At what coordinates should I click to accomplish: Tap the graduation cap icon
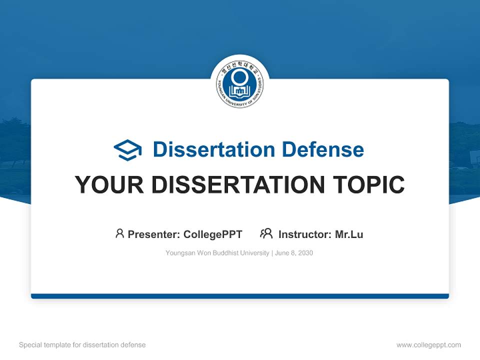click(x=127, y=150)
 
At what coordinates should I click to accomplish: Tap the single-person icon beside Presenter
click(x=119, y=233)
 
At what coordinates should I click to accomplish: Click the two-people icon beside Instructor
click(x=266, y=233)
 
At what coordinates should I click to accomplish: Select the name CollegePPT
click(x=212, y=234)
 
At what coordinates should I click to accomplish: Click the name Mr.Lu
click(x=349, y=234)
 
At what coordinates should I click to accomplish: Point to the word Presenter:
click(x=154, y=234)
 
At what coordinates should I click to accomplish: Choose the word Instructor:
click(x=305, y=234)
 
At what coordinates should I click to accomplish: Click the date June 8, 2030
click(x=294, y=253)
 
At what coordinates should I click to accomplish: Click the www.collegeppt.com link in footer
click(x=428, y=345)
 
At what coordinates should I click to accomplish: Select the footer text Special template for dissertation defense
click(x=82, y=345)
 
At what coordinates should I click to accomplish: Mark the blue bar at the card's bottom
click(x=240, y=296)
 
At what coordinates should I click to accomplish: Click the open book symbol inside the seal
click(x=240, y=91)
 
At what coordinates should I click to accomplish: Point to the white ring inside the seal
click(x=240, y=77)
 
